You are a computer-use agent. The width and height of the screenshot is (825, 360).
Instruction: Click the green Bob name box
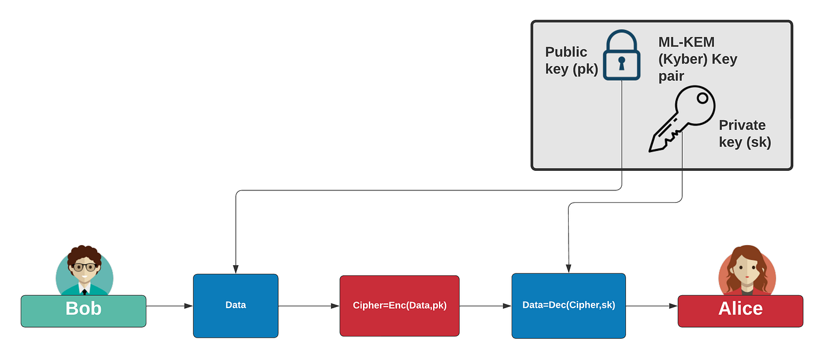click(83, 311)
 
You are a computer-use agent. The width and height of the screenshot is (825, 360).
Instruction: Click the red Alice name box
click(740, 311)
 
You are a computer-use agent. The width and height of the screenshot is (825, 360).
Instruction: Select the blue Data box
click(236, 305)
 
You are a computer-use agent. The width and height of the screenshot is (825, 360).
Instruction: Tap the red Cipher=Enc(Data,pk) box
click(399, 306)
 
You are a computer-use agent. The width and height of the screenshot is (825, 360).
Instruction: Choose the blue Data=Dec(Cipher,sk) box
click(569, 306)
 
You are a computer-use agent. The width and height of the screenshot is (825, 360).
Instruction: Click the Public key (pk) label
click(570, 61)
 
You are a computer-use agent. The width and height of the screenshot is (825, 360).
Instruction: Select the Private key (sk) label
click(744, 134)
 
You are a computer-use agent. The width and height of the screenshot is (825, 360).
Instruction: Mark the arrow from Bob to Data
click(169, 306)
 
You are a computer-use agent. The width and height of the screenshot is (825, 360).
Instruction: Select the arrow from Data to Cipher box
click(309, 306)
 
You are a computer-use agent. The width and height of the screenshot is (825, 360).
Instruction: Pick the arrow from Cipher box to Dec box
click(485, 306)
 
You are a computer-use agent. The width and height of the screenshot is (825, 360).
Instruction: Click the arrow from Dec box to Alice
click(652, 306)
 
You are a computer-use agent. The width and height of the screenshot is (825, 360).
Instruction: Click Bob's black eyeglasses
click(84, 267)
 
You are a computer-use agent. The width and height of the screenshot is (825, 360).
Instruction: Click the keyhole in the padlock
click(622, 62)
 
